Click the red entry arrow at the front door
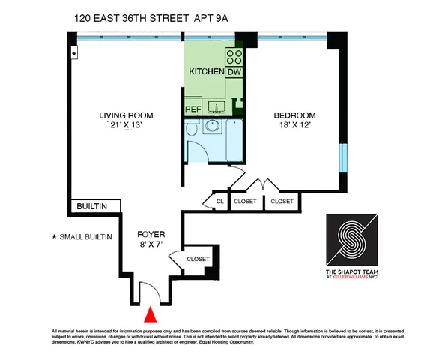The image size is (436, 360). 151,315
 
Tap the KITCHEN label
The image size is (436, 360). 206,72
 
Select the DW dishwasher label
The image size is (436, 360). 234,72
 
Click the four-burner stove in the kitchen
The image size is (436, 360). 234,56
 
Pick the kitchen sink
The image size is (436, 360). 217,107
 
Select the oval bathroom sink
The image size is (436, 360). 211,127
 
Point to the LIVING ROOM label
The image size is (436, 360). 127,115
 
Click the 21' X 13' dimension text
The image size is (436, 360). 127,126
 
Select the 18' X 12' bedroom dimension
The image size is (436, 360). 294,126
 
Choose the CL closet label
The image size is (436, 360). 219,202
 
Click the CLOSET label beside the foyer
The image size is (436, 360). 198,259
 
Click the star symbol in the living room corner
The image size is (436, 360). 73,54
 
